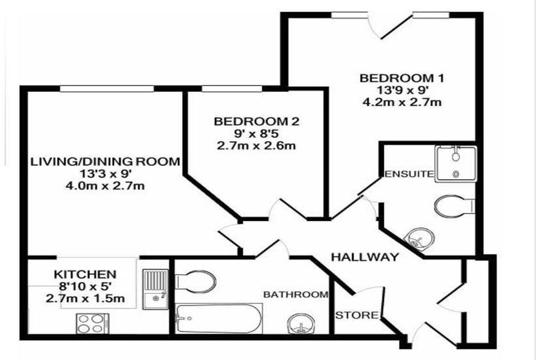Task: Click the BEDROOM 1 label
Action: (402, 78)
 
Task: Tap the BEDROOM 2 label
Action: (256, 122)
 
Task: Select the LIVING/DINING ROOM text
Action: (105, 162)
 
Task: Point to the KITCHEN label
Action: (85, 274)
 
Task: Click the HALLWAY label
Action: (365, 257)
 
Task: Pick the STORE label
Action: (357, 315)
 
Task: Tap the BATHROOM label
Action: (296, 294)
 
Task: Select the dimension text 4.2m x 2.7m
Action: (402, 102)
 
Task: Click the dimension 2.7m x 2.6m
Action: (256, 146)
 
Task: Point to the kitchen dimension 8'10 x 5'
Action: (85, 287)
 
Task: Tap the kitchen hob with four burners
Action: (92, 323)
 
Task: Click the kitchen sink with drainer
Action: (155, 289)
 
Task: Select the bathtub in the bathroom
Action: (219, 319)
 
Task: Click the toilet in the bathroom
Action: (196, 280)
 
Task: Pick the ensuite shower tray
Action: (456, 163)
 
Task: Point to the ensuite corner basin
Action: (420, 238)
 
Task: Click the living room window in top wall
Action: (107, 89)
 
